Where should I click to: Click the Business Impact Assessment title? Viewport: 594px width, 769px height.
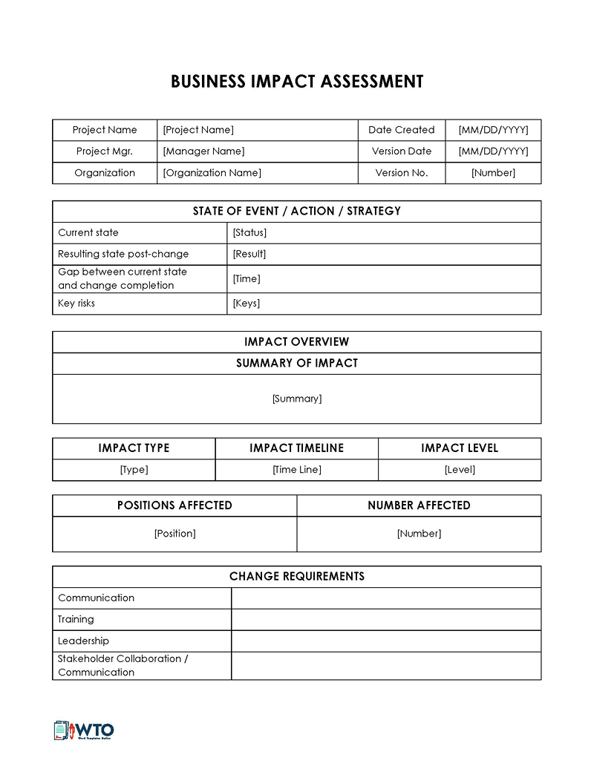[x=297, y=82]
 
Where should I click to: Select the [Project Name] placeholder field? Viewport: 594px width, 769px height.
[x=198, y=130]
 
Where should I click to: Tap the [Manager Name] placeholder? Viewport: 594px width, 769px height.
[x=203, y=151]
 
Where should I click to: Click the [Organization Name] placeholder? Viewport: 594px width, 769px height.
[x=212, y=173]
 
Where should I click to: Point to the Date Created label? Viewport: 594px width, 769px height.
[x=402, y=130]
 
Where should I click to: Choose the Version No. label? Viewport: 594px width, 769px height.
[x=402, y=173]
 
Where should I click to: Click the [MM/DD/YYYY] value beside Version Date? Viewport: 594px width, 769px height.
[x=493, y=151]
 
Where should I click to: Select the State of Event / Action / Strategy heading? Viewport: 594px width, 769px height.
[x=297, y=212]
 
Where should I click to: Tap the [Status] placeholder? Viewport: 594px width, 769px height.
[x=249, y=233]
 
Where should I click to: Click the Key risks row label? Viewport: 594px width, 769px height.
[x=76, y=304]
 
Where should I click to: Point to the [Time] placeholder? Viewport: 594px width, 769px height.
[x=247, y=279]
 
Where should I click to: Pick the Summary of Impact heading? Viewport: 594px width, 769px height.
[x=297, y=364]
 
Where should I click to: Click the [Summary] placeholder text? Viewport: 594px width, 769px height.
[x=297, y=399]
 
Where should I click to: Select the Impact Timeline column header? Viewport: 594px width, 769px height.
[x=297, y=448]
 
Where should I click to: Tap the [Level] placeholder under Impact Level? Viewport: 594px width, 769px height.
[x=460, y=470]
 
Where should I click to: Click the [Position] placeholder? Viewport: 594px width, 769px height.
[x=175, y=534]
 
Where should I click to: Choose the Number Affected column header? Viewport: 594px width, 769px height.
[x=419, y=505]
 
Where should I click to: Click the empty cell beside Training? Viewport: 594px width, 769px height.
[x=386, y=620]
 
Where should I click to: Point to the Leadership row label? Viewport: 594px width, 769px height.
[x=83, y=641]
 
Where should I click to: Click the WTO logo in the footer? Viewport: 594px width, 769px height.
[x=84, y=730]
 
